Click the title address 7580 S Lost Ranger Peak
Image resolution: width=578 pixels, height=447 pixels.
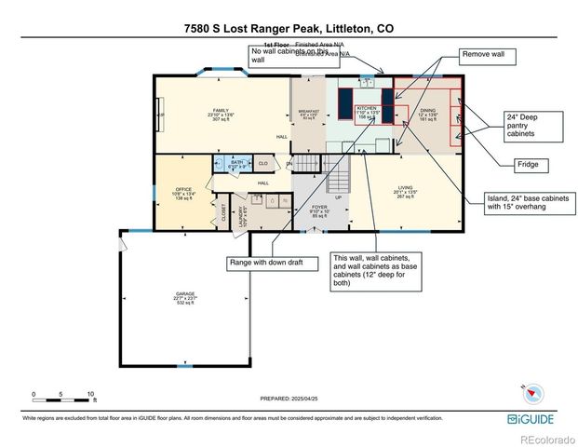click(289, 28)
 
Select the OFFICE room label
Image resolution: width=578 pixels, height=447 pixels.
click(183, 193)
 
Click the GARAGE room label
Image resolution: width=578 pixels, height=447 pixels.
click(184, 297)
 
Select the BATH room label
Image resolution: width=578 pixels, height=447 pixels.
click(236, 164)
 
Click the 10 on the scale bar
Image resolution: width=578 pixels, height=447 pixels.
click(90, 395)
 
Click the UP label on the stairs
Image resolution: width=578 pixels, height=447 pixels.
click(339, 197)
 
